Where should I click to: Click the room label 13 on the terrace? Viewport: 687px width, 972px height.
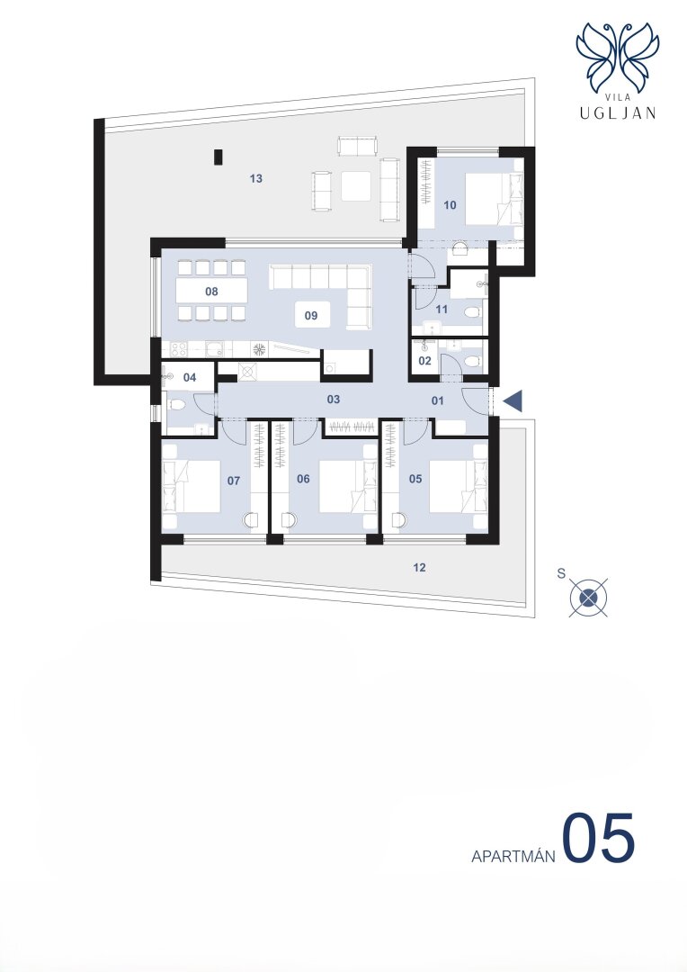256,178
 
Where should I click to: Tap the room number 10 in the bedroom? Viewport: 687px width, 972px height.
451,204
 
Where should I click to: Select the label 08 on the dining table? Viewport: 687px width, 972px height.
212,291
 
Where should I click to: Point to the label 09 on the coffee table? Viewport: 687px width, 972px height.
311,316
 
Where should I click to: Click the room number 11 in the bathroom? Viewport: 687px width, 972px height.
442,310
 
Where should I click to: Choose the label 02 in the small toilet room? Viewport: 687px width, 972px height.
425,361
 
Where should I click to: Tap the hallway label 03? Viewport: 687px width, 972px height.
334,400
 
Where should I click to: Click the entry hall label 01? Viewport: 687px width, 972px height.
438,400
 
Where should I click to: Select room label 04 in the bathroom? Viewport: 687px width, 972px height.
190,377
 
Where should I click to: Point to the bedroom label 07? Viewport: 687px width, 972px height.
234,481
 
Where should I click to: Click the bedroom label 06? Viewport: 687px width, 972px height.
303,479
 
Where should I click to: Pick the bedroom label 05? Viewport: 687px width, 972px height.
415,479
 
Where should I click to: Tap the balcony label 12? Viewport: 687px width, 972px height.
419,567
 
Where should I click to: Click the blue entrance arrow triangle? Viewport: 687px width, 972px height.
513,401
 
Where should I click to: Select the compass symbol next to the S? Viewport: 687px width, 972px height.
588,598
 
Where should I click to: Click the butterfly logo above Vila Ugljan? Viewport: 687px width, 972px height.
618,58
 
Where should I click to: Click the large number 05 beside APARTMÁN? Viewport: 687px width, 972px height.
598,839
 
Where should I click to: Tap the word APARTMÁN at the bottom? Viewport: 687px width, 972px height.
513,856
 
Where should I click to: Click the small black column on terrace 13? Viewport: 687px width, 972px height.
218,157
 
